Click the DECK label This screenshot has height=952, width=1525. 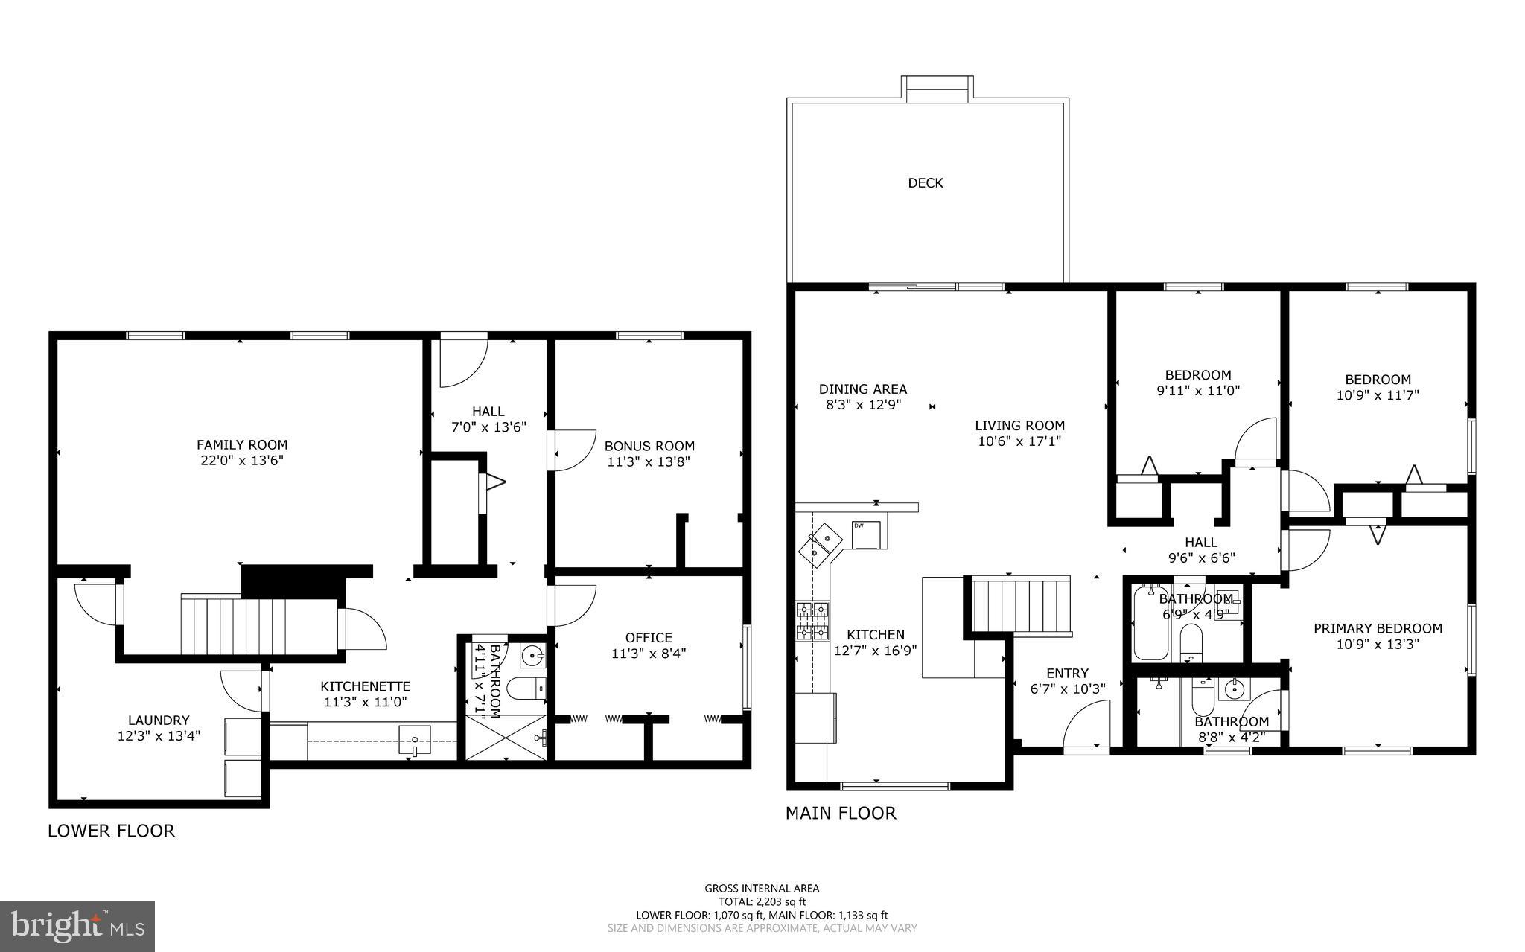tap(925, 183)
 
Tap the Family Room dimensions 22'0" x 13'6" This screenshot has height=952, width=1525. tap(241, 461)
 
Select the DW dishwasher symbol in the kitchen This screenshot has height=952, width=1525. tap(865, 534)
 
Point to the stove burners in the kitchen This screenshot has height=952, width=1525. tap(813, 621)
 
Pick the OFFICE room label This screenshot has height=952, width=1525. tap(649, 638)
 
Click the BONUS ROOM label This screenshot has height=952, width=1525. tap(649, 446)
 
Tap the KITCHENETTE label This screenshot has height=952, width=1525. tap(365, 686)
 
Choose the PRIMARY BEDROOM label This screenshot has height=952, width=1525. tap(1377, 628)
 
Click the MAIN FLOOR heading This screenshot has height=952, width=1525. tap(841, 813)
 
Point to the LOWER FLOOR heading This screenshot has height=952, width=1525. tap(111, 831)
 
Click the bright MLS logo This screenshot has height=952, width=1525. tap(77, 926)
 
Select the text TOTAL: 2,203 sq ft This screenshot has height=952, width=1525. tap(761, 901)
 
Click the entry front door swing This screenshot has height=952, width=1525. tap(1086, 729)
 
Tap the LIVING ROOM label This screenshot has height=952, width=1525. tap(1019, 426)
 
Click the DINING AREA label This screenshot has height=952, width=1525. tap(863, 389)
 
